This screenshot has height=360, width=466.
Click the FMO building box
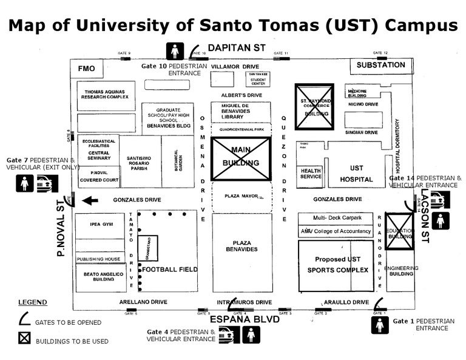coord(87,69)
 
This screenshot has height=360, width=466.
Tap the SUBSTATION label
coord(380,65)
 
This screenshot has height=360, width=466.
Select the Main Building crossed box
coord(241,158)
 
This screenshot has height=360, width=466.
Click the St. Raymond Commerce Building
coord(314,106)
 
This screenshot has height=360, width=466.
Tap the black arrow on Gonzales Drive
coord(90,200)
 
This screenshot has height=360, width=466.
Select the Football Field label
coord(171,270)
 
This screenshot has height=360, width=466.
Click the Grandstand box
coord(147,248)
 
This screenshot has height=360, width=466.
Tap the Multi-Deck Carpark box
coord(337,218)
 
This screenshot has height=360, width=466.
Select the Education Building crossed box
coord(399,231)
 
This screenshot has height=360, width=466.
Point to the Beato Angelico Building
coord(101,277)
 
